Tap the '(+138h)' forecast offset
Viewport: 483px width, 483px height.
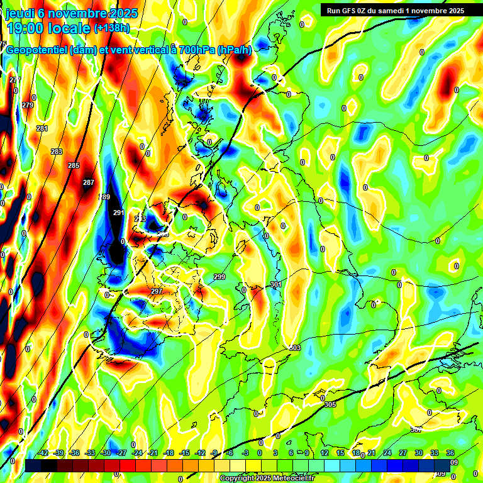111,28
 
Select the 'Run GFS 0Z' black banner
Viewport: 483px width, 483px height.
392,10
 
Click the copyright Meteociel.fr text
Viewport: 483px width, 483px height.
267,479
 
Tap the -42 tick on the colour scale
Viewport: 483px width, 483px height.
43,453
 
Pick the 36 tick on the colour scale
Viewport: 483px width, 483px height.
450,453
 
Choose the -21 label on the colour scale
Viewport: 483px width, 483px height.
153,453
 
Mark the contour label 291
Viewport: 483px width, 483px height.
118,213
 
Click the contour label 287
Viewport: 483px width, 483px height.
88,183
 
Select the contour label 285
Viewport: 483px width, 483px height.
74,165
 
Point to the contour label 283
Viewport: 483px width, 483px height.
57,152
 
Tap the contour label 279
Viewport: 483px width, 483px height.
28,105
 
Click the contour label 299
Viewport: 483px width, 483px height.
219,277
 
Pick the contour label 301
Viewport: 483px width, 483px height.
275,285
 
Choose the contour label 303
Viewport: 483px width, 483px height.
295,348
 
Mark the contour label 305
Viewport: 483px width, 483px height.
330,404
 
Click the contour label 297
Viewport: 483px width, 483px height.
157,291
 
